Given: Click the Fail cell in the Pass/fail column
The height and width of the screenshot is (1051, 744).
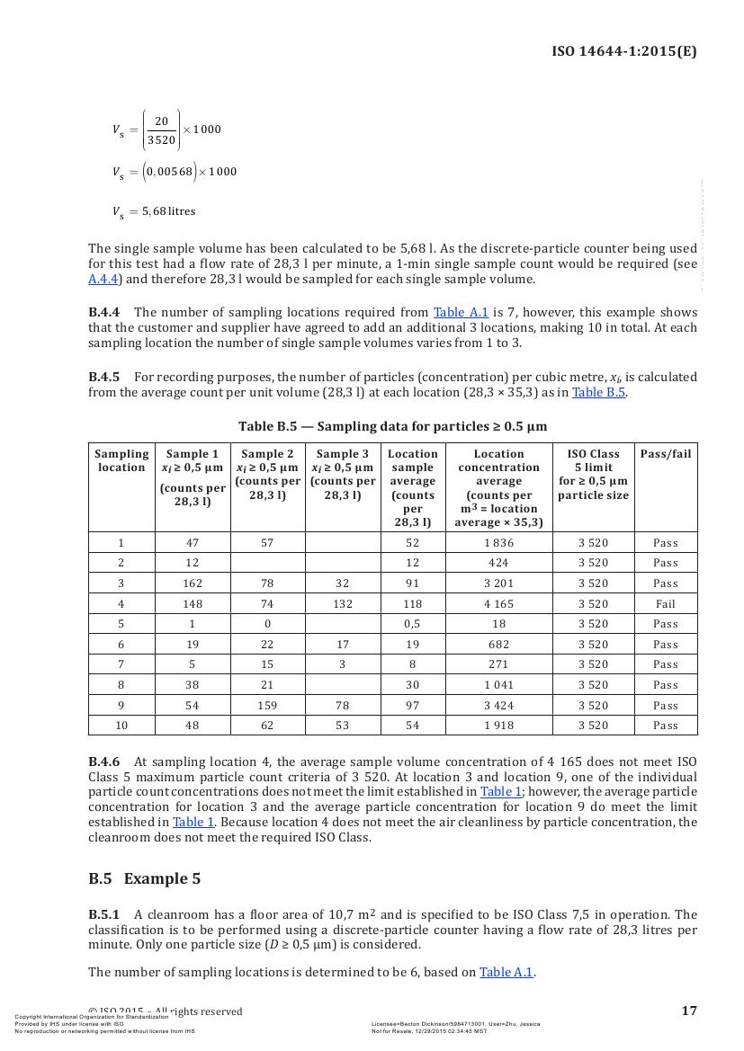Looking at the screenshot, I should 666,604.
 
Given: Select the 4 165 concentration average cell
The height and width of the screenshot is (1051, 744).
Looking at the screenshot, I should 498,604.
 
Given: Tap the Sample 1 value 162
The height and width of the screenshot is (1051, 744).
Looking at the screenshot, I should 193,583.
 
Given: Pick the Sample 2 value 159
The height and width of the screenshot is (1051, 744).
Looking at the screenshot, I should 267,706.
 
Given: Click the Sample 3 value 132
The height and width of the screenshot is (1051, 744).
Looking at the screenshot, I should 342,604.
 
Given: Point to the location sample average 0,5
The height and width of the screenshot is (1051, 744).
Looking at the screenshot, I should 413,624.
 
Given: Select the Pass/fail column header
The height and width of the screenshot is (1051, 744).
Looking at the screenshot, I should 666,454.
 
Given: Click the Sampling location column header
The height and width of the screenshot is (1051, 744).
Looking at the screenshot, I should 121,460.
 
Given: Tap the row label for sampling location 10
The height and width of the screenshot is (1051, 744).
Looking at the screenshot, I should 121,726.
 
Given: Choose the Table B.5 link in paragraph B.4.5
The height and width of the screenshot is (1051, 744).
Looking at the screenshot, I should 598,392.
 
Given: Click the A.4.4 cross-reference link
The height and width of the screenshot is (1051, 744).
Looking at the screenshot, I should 104,279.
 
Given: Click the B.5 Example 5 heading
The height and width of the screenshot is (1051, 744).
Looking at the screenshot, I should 144,878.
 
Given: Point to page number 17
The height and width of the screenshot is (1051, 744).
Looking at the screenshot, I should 689,1011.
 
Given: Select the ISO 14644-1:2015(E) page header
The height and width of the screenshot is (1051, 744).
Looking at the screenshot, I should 623,51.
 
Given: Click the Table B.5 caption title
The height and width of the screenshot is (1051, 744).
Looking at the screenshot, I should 392,426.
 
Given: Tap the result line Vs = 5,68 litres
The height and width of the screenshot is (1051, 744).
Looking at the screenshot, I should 154,212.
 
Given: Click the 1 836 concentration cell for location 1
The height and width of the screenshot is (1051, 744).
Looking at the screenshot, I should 498,543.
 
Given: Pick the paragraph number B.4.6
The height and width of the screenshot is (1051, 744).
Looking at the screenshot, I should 103,762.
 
